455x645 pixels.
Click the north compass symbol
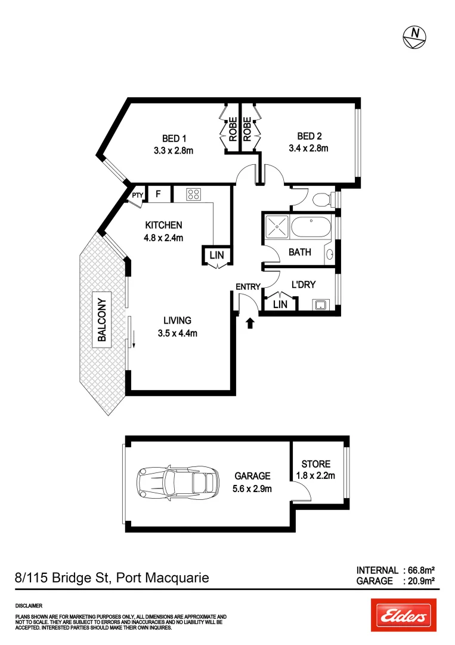click(414, 37)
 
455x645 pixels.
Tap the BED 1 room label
click(174, 139)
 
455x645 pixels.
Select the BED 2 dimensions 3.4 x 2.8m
click(308, 149)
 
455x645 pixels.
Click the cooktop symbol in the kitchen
click(194, 193)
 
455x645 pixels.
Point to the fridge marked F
click(159, 193)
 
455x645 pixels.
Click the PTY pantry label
click(137, 195)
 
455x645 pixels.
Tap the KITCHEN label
click(164, 225)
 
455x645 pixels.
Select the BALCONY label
click(101, 320)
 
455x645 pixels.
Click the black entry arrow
click(250, 323)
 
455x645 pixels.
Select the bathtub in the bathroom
click(309, 227)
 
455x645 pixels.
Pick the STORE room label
click(315, 464)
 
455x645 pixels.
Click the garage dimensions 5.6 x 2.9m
click(252, 489)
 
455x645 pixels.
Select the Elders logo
click(403, 615)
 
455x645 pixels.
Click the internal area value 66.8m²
click(419, 570)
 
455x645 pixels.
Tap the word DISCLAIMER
click(28, 606)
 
